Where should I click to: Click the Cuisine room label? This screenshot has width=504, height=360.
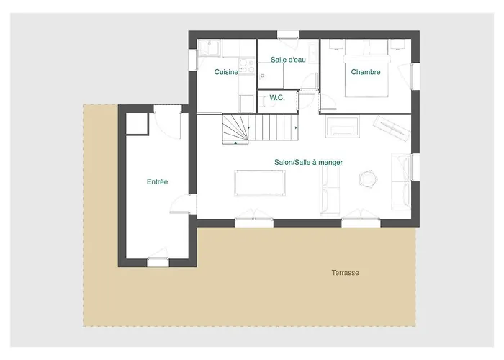(227, 72)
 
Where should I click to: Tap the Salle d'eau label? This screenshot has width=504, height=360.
(288, 59)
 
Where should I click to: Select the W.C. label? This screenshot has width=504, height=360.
(277, 97)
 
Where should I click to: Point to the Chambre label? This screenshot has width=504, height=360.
(366, 72)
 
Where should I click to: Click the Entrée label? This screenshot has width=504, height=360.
(157, 182)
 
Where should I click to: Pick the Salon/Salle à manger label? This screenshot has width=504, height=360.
(308, 163)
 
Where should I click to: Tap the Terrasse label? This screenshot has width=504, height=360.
(345, 273)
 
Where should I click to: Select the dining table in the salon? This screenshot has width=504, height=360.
(260, 182)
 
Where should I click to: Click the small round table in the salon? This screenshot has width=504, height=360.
(369, 177)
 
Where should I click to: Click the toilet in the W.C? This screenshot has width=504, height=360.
(268, 102)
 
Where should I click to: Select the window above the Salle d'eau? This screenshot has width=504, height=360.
(288, 34)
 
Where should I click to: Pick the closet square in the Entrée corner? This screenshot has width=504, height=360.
(137, 124)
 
